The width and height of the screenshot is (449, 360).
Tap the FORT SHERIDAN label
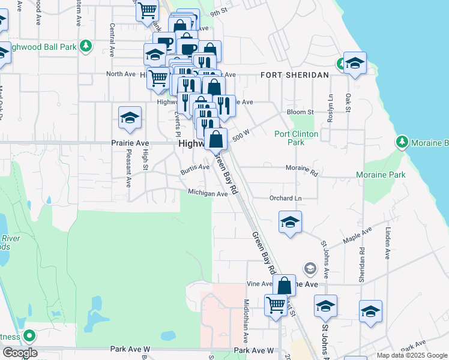pos(294,75)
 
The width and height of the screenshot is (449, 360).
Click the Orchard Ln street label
pos(285,198)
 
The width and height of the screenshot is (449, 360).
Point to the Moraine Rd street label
pos(301,170)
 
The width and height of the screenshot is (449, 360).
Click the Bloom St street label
pos(300,112)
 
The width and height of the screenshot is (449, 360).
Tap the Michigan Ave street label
pos(208,193)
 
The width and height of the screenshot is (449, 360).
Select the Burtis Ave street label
pos(195,170)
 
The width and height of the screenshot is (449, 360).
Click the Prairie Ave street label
pos(129,144)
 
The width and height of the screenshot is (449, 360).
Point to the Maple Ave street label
pos(358,235)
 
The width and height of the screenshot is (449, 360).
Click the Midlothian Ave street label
pos(246,317)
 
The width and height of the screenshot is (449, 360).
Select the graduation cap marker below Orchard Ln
pos(290,221)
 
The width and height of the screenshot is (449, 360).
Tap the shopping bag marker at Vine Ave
pos(285,285)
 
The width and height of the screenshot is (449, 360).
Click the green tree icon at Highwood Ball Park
pos(86,45)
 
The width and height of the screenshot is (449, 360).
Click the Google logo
pos(20,353)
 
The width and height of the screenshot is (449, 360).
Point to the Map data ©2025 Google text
pos(412,355)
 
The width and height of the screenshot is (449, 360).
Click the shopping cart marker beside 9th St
pos(147,10)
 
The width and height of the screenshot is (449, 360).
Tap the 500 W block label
pos(240,134)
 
